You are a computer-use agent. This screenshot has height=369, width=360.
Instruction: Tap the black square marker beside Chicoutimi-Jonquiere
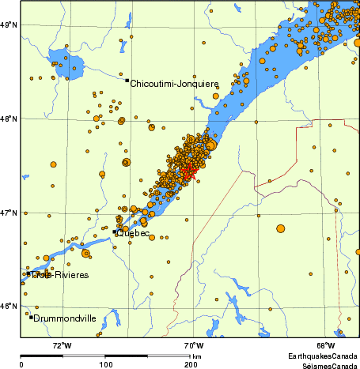pyautogui.click(x=127, y=80)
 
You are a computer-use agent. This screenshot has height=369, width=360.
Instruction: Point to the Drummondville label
pyautogui.click(x=66, y=318)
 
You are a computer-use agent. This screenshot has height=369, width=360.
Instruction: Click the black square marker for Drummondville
pyautogui.click(x=32, y=317)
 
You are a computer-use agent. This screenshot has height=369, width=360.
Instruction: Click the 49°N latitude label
pyautogui.click(x=9, y=25)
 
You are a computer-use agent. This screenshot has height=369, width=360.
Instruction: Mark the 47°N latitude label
pyautogui.click(x=9, y=213)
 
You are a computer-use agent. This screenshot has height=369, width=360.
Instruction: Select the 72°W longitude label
pyautogui.click(x=62, y=346)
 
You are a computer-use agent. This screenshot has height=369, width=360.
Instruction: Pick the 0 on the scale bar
pyautogui.click(x=21, y=364)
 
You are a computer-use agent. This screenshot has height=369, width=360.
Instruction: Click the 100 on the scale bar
pyautogui.click(x=106, y=364)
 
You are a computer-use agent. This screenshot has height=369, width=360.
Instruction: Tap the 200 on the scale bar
pyautogui.click(x=191, y=364)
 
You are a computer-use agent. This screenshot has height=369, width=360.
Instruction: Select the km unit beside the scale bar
pyautogui.click(x=196, y=356)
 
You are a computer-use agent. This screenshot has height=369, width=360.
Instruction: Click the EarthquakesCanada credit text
pyautogui.click(x=323, y=356)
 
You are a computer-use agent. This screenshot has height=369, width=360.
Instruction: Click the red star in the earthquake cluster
pyautogui.click(x=188, y=171)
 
